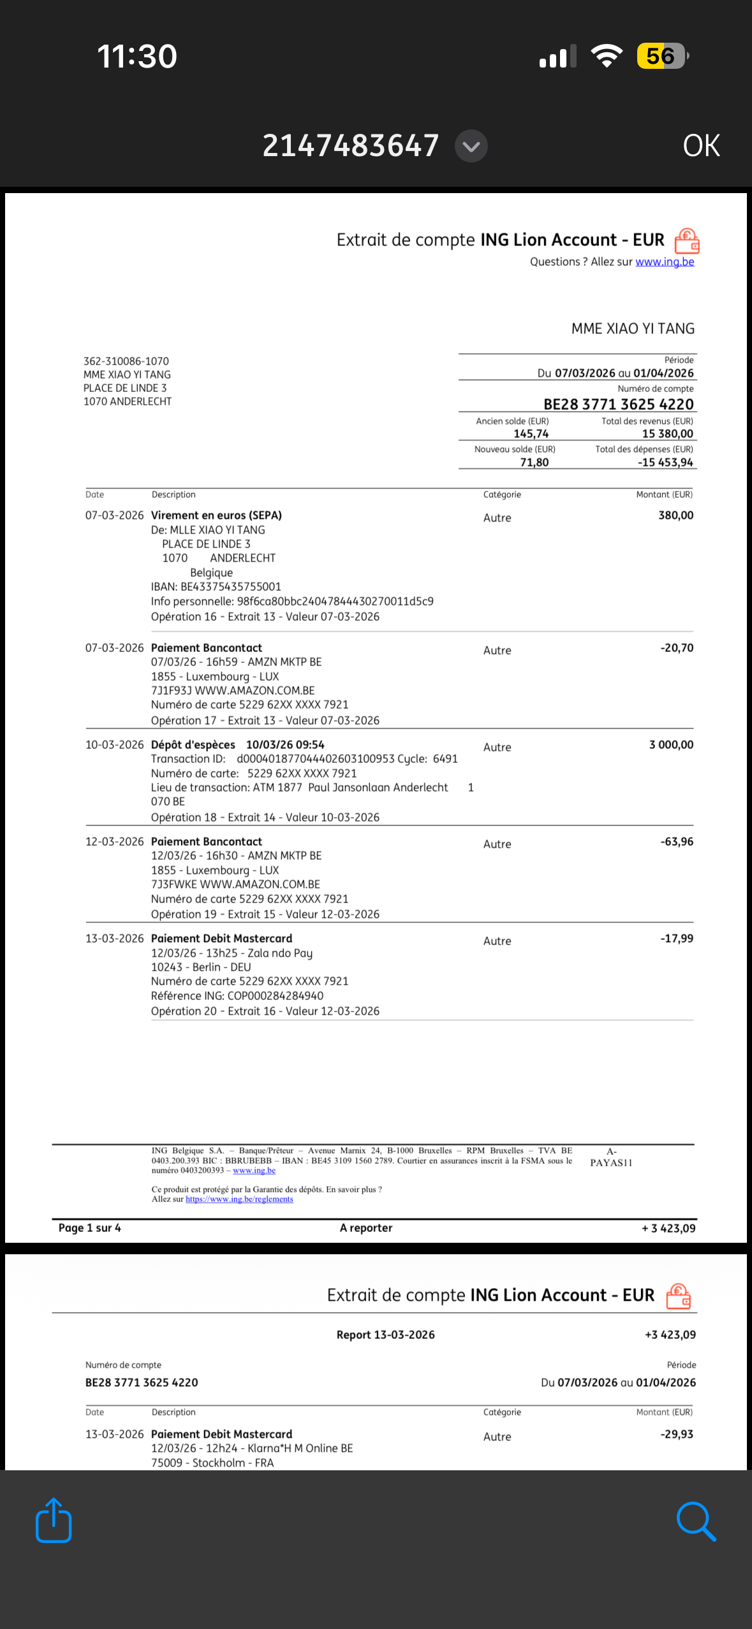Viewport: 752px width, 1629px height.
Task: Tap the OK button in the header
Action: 701,146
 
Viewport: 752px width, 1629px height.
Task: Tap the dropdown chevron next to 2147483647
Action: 471,147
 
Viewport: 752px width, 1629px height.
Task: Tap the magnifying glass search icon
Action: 696,1521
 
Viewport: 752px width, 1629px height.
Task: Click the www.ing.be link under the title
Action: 665,262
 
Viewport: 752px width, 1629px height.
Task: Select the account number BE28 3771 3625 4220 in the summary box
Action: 618,404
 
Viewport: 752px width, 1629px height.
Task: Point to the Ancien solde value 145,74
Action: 531,434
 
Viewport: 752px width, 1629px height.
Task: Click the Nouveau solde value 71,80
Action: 534,462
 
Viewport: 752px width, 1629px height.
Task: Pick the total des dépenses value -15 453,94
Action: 665,462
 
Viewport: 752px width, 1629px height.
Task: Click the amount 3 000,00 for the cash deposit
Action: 671,745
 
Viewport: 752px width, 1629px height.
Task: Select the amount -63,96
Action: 677,842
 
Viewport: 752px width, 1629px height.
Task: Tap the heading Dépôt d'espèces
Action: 193,745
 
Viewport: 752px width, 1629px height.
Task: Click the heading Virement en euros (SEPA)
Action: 216,516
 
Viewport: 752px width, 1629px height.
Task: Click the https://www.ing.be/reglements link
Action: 239,1199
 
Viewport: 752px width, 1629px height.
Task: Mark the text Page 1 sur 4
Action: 90,1228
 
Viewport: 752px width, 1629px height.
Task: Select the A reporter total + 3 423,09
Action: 668,1228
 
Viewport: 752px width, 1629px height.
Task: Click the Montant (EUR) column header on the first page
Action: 664,495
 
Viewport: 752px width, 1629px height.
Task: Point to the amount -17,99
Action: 677,939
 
